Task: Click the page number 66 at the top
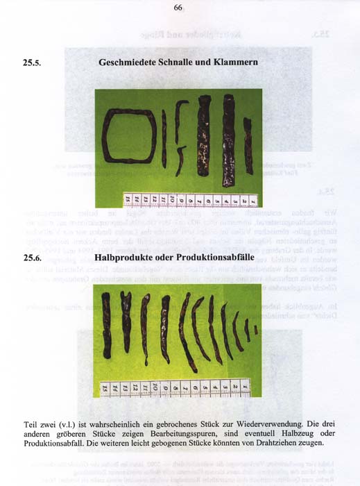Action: pyautogui.click(x=178, y=8)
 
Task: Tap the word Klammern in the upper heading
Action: pyautogui.click(x=234, y=62)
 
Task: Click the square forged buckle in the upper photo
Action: pyautogui.click(x=130, y=137)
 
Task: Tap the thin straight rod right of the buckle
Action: pyautogui.click(x=164, y=139)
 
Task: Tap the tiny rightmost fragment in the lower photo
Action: pyautogui.click(x=255, y=329)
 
